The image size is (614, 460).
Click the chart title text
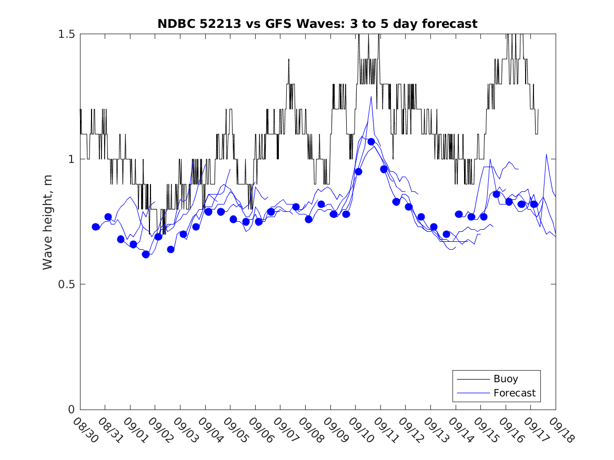(x=317, y=24)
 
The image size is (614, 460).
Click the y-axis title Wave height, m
(x=48, y=221)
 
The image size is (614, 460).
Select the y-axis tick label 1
(x=72, y=159)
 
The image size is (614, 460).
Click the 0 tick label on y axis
(x=72, y=410)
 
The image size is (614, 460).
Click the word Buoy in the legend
(x=506, y=379)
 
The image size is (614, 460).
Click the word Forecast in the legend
(x=515, y=393)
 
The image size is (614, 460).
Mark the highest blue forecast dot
(x=371, y=141)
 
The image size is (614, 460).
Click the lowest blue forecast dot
(x=146, y=254)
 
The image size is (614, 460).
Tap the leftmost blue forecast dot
(x=96, y=227)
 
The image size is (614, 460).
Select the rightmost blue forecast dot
(x=534, y=204)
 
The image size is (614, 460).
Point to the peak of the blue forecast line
(x=371, y=97)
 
